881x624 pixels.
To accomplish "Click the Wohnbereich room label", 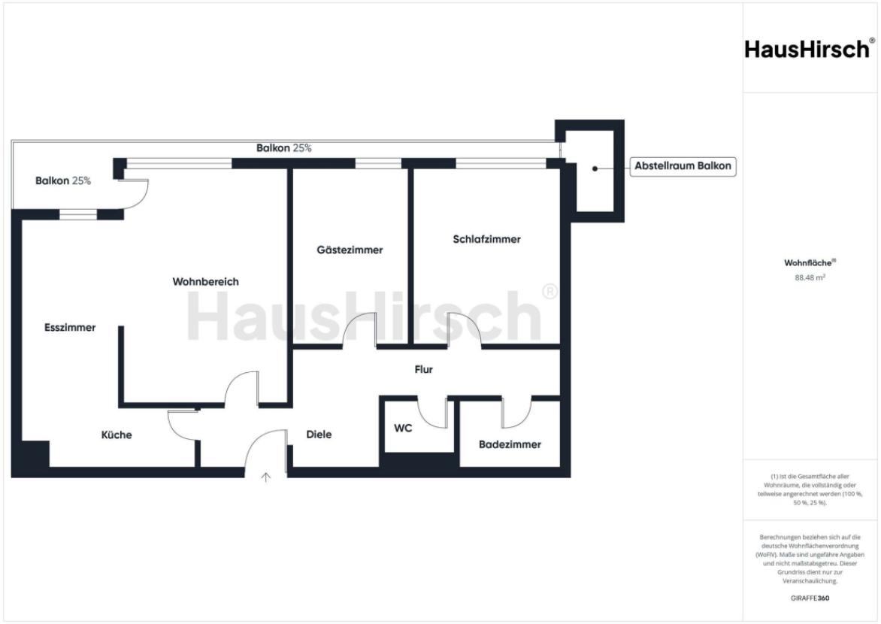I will [205, 282].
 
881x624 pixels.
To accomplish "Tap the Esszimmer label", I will [70, 328].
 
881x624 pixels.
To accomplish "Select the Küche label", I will [117, 435].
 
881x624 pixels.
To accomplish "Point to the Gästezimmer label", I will [350, 250].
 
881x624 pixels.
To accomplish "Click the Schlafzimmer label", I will [486, 240].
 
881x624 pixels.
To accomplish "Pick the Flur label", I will [424, 370].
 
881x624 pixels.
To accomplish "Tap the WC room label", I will [403, 429].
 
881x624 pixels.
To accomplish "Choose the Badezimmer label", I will [510, 444].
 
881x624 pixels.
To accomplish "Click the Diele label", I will [319, 435].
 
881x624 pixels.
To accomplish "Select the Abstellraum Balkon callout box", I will [683, 167].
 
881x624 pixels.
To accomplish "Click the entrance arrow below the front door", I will [265, 476].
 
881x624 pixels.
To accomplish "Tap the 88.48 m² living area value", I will [810, 277].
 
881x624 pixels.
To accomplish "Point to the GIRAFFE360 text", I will [810, 598].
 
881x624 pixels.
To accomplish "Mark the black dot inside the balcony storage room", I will [595, 168].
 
